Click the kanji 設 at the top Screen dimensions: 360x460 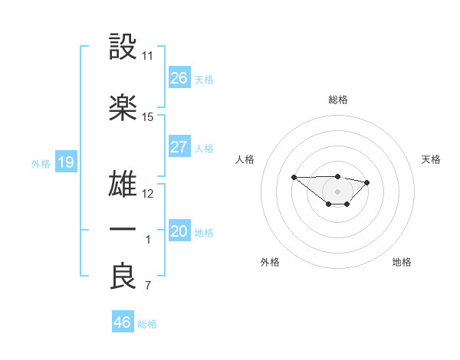coord(123,47)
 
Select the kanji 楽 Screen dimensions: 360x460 coord(123,108)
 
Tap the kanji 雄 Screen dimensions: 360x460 coord(123,185)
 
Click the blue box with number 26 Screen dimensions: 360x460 coord(179,77)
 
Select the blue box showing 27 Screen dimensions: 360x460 coord(179,146)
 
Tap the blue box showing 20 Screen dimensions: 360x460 coord(179,231)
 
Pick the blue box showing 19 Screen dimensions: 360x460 coord(65,162)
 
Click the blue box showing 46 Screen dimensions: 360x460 coord(123,322)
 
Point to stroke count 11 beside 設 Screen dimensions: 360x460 coord(147,56)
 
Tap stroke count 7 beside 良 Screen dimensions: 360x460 coord(147,286)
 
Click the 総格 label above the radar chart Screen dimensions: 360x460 coord(337,100)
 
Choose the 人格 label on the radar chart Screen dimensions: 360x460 coord(245,159)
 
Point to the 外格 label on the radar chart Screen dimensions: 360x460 coord(269,262)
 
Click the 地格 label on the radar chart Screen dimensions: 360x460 coord(402,262)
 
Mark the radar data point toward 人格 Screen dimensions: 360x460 coord(294,177)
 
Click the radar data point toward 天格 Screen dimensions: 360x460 coord(367,182)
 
